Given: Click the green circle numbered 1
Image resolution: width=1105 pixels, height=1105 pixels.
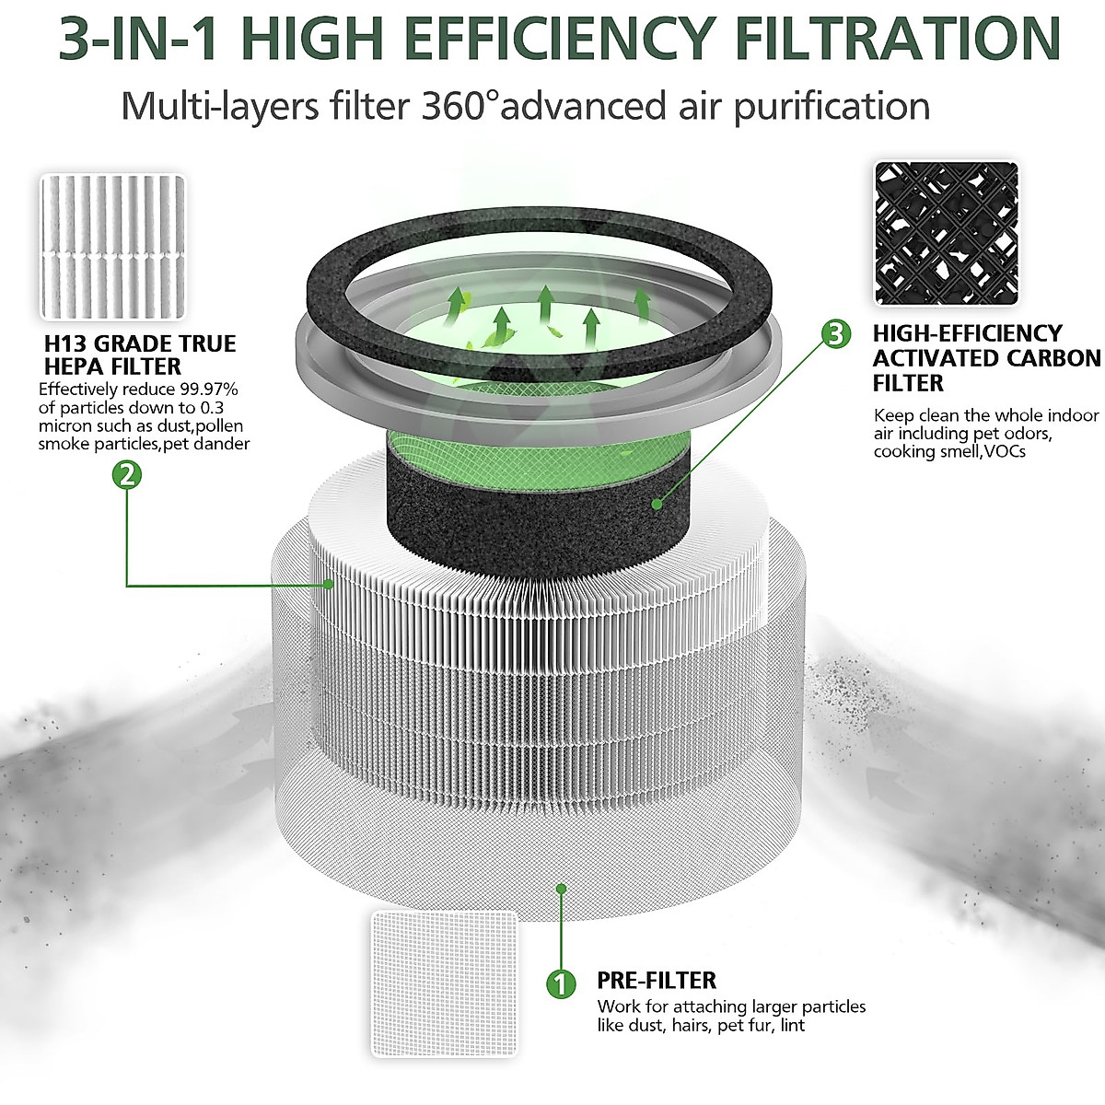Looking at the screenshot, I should tap(560, 983).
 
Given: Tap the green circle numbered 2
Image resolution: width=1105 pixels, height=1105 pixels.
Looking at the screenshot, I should tap(126, 475).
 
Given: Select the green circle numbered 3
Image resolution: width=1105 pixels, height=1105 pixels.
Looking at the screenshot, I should tap(835, 333).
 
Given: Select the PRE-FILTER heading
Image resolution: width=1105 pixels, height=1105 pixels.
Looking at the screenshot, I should tap(657, 981).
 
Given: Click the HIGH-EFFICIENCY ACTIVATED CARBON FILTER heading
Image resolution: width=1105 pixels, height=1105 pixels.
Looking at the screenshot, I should tap(985, 358).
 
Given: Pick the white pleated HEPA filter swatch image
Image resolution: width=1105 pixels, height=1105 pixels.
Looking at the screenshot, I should tap(112, 247).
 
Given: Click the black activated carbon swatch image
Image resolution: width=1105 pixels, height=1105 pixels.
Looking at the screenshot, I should tap(947, 234).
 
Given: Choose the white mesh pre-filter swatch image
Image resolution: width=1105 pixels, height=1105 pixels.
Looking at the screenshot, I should tap(445, 983).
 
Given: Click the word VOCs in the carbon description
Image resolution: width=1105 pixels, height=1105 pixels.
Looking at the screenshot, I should tap(1003, 452).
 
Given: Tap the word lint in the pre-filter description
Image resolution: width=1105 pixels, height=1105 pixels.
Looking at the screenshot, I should tap(791, 1025).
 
